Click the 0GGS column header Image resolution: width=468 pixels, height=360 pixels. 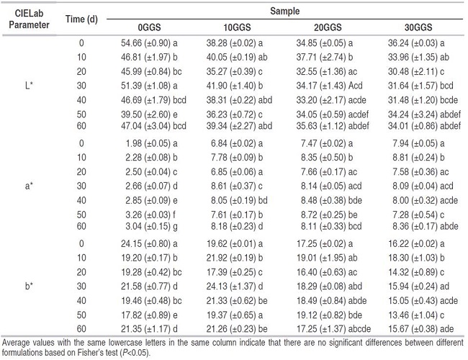(x=149, y=27)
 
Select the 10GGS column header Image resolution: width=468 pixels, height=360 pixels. (x=238, y=27)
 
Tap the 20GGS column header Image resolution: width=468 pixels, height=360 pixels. (x=328, y=27)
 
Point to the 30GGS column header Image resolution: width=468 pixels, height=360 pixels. (x=418, y=27)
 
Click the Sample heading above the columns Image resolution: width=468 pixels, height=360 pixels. (x=284, y=12)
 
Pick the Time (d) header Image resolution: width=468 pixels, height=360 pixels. (x=81, y=19)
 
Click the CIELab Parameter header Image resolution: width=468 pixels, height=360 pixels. (x=29, y=19)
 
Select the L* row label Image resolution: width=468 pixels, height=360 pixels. (x=29, y=86)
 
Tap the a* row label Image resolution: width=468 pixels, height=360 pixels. (x=29, y=186)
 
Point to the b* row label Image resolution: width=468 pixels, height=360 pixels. (x=29, y=287)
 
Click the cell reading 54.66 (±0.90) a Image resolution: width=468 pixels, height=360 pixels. (x=149, y=43)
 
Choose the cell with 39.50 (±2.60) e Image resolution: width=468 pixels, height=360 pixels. (x=149, y=114)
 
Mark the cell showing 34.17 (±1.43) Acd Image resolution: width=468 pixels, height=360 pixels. (x=329, y=86)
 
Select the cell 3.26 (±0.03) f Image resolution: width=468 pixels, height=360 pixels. (x=150, y=215)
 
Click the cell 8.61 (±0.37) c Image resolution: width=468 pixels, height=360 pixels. (x=237, y=186)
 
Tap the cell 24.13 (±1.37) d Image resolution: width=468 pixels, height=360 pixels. (x=235, y=287)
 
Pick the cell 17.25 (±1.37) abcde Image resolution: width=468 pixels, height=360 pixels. (x=333, y=329)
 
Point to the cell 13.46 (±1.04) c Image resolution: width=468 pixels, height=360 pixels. (x=416, y=315)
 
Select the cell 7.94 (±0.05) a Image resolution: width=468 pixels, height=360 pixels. (x=418, y=143)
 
